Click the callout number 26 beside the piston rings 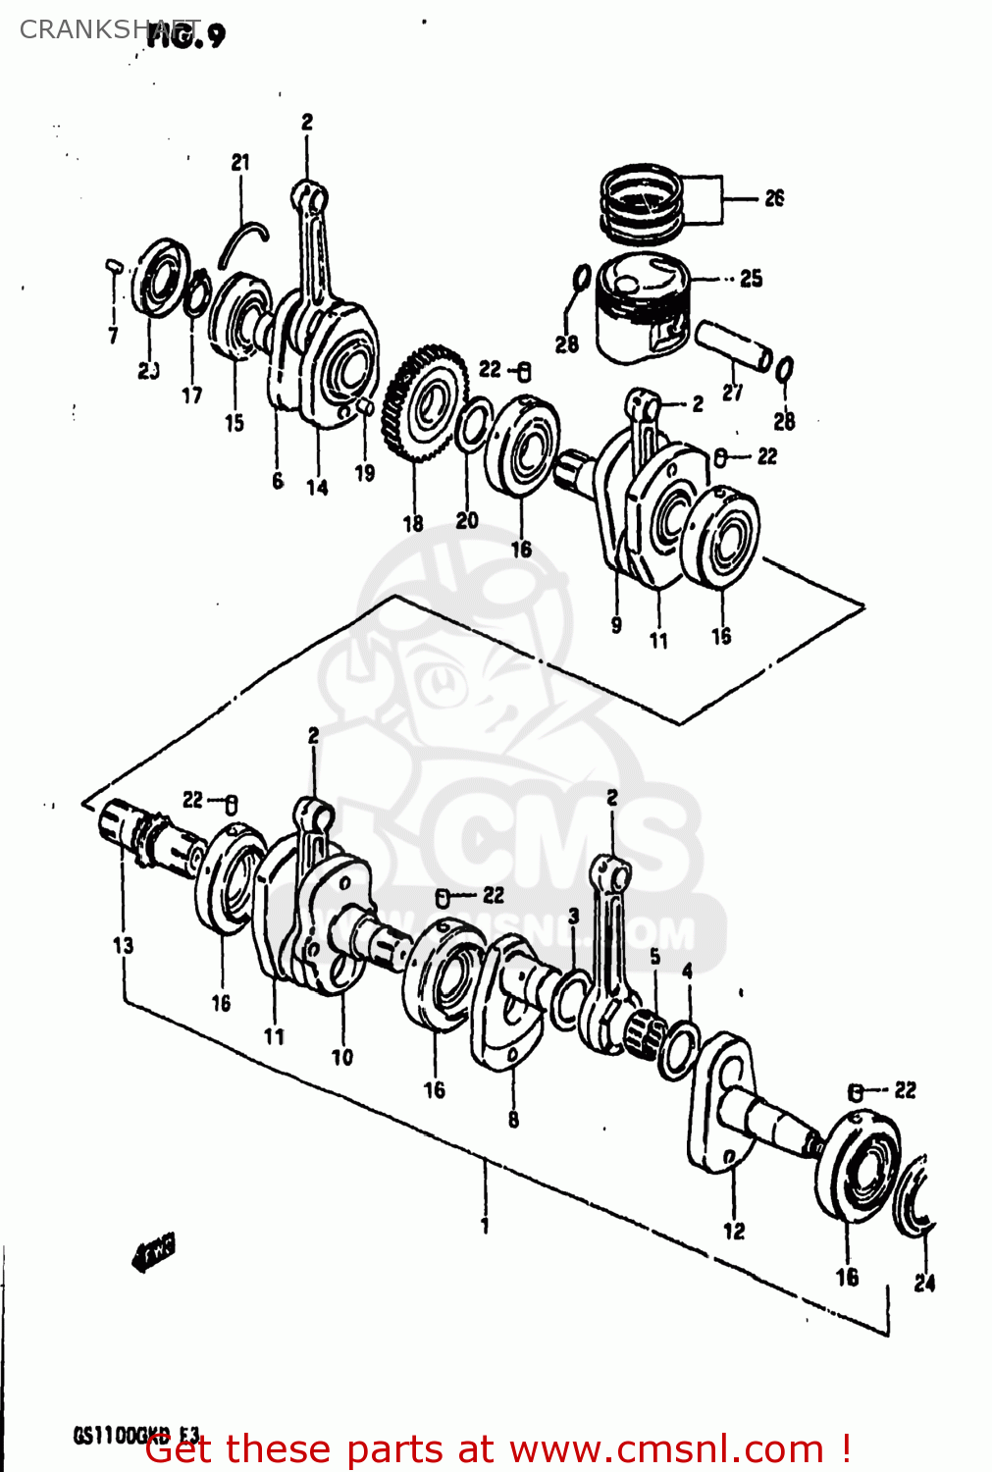[x=774, y=198]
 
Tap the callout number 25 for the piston [x=751, y=279]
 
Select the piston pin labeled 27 [x=733, y=346]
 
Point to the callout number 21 [x=240, y=163]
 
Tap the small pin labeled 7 [x=113, y=265]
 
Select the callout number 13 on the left [x=123, y=945]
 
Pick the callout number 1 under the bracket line [x=484, y=1225]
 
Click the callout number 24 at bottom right [x=924, y=1283]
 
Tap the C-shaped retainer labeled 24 [x=916, y=1197]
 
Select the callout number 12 [x=734, y=1231]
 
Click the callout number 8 [x=513, y=1120]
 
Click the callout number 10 [x=341, y=1057]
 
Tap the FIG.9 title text [x=186, y=35]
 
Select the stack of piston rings [x=641, y=203]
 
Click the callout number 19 [x=364, y=473]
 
